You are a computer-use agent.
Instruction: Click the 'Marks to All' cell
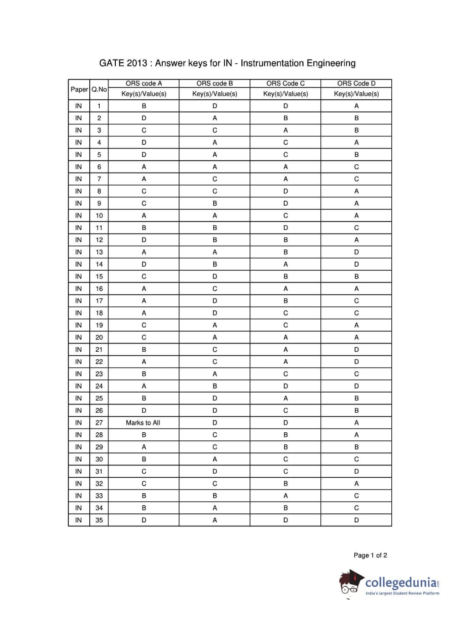click(x=143, y=423)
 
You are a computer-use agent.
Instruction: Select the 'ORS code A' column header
click(x=143, y=83)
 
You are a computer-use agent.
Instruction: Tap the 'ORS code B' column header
click(x=215, y=83)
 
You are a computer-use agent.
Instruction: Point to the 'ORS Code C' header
click(x=286, y=83)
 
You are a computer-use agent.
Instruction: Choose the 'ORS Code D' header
click(x=356, y=83)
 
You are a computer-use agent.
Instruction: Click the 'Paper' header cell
click(x=79, y=89)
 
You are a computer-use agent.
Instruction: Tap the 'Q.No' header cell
click(x=99, y=89)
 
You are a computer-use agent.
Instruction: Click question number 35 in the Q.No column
click(x=99, y=520)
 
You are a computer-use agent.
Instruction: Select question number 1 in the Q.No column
click(x=99, y=106)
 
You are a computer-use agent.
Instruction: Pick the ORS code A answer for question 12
click(x=144, y=240)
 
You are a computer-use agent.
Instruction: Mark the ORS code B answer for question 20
click(x=215, y=337)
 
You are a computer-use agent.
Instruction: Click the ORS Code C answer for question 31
click(x=286, y=471)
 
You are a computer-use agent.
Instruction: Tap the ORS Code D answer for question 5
click(x=356, y=155)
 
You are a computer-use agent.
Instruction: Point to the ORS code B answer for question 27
click(x=215, y=423)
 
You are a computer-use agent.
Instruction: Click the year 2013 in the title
click(x=137, y=63)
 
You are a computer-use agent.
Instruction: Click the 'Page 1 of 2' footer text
click(x=370, y=555)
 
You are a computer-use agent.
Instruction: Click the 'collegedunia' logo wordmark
click(x=401, y=582)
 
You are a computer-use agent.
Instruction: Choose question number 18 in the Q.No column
click(x=99, y=313)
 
